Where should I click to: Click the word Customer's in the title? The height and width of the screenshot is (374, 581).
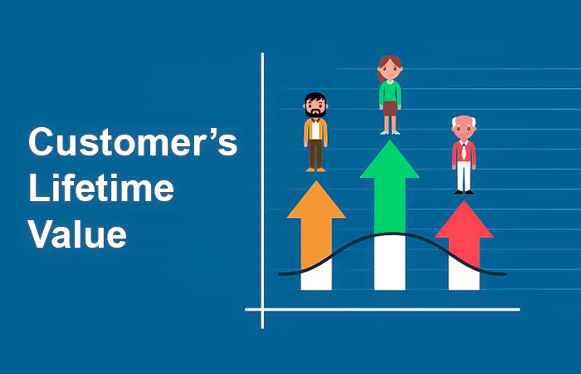(x=133, y=142)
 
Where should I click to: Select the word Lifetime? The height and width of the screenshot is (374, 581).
(x=101, y=189)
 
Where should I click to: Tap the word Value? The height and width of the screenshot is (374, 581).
(x=77, y=234)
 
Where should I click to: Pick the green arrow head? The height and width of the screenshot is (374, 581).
(x=389, y=160)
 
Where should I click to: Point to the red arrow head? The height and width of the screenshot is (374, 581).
(x=464, y=219)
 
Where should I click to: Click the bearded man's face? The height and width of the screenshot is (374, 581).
(x=315, y=106)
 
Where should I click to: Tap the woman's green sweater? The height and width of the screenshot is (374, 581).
(x=390, y=92)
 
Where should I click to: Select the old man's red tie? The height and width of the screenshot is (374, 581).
(x=463, y=152)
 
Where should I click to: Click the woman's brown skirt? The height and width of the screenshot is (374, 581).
(x=390, y=108)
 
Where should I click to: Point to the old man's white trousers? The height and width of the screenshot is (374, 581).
(x=464, y=175)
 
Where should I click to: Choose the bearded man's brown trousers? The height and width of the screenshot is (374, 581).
(x=315, y=154)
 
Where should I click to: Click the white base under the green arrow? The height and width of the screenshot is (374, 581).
(x=390, y=262)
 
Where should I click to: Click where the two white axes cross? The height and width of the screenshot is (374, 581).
(x=262, y=309)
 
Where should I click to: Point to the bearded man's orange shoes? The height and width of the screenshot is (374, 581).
(x=315, y=170)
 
